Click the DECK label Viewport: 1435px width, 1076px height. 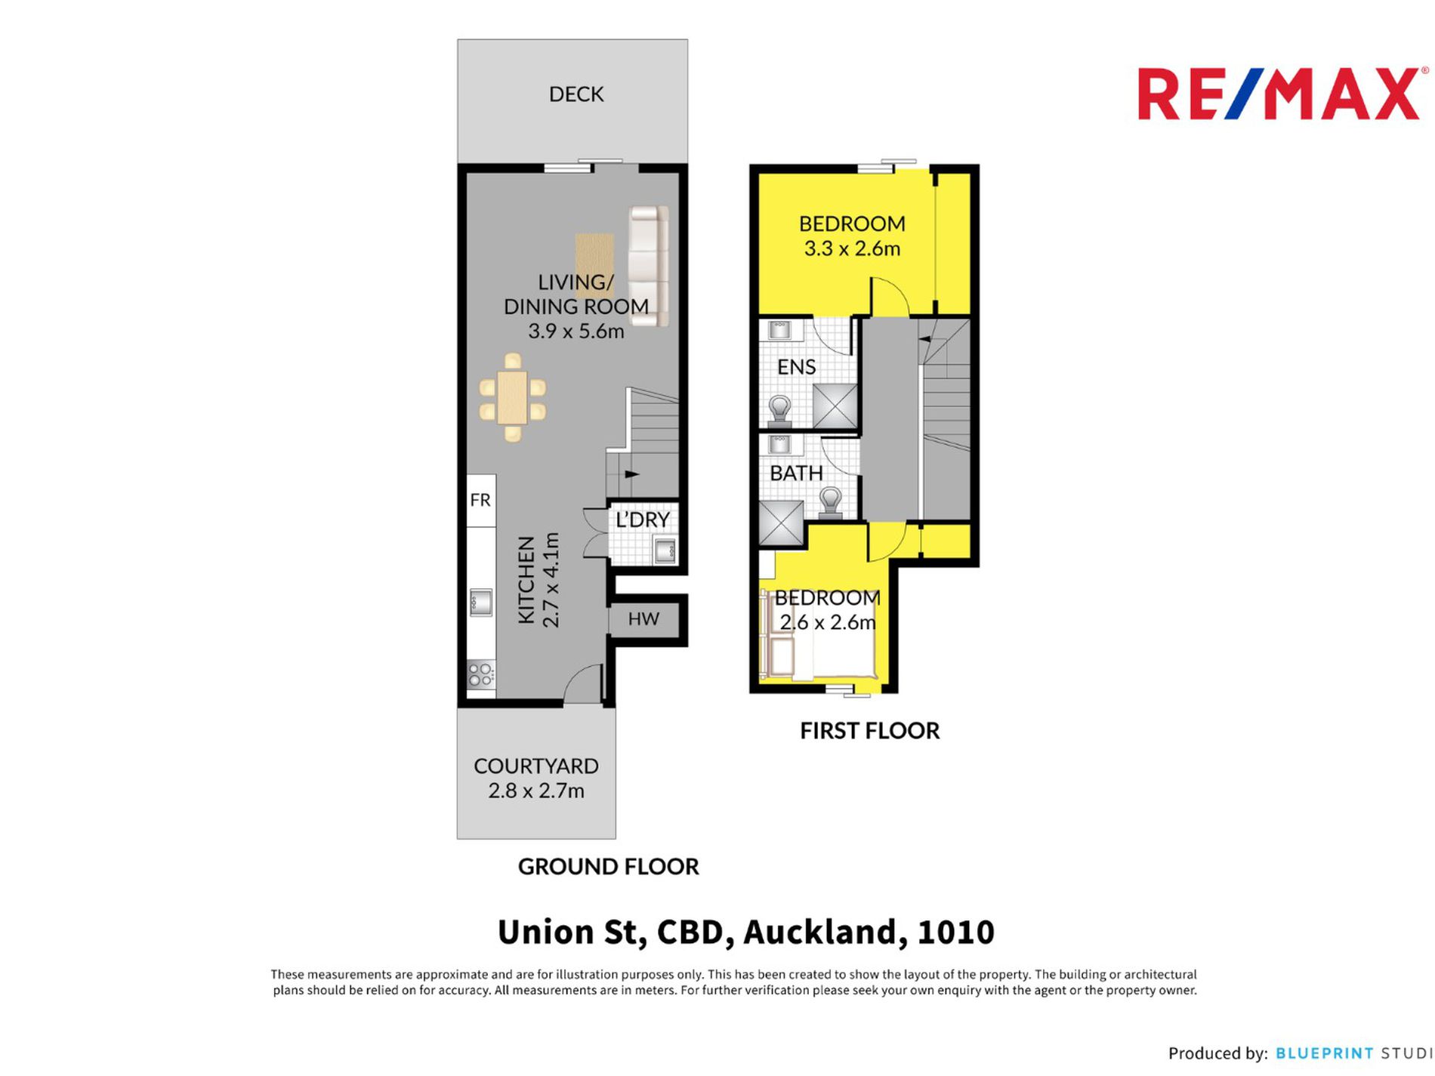[576, 94]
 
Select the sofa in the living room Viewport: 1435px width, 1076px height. [649, 266]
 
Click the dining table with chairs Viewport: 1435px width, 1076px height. [512, 397]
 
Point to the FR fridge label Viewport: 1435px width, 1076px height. [480, 500]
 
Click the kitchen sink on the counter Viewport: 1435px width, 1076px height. [481, 603]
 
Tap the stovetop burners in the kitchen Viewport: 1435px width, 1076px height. [481, 674]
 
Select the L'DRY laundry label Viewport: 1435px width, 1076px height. [643, 520]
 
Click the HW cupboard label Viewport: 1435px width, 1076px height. [643, 619]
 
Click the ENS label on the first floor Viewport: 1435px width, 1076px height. [796, 367]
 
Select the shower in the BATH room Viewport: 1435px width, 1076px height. [781, 522]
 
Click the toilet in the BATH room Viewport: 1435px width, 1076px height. [831, 501]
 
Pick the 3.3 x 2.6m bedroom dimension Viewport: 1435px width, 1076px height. [852, 248]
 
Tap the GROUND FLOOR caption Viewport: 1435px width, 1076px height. [609, 867]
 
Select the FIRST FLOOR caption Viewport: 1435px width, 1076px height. [870, 731]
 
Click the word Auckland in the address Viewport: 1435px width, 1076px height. [826, 932]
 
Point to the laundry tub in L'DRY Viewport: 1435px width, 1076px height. [665, 550]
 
